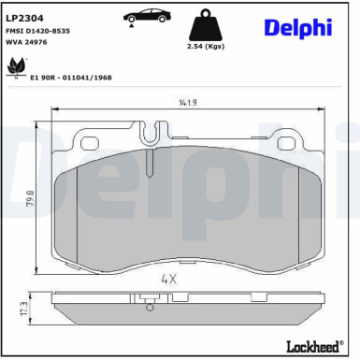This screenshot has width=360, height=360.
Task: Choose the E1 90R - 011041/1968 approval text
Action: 72,78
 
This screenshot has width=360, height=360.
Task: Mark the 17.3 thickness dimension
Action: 22,308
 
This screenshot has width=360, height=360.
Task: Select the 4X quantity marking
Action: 169,278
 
